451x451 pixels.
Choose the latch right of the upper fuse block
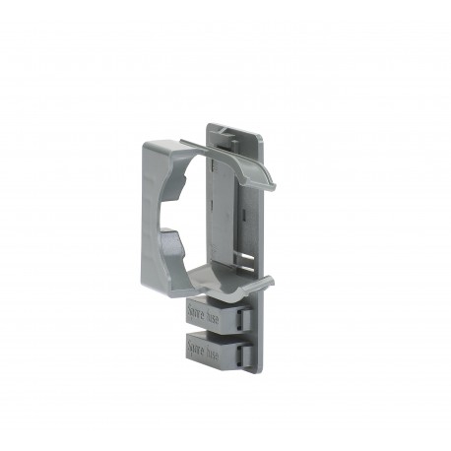pos(248,317)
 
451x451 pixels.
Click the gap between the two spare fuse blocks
pos(212,332)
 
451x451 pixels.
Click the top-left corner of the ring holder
pos(145,144)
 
